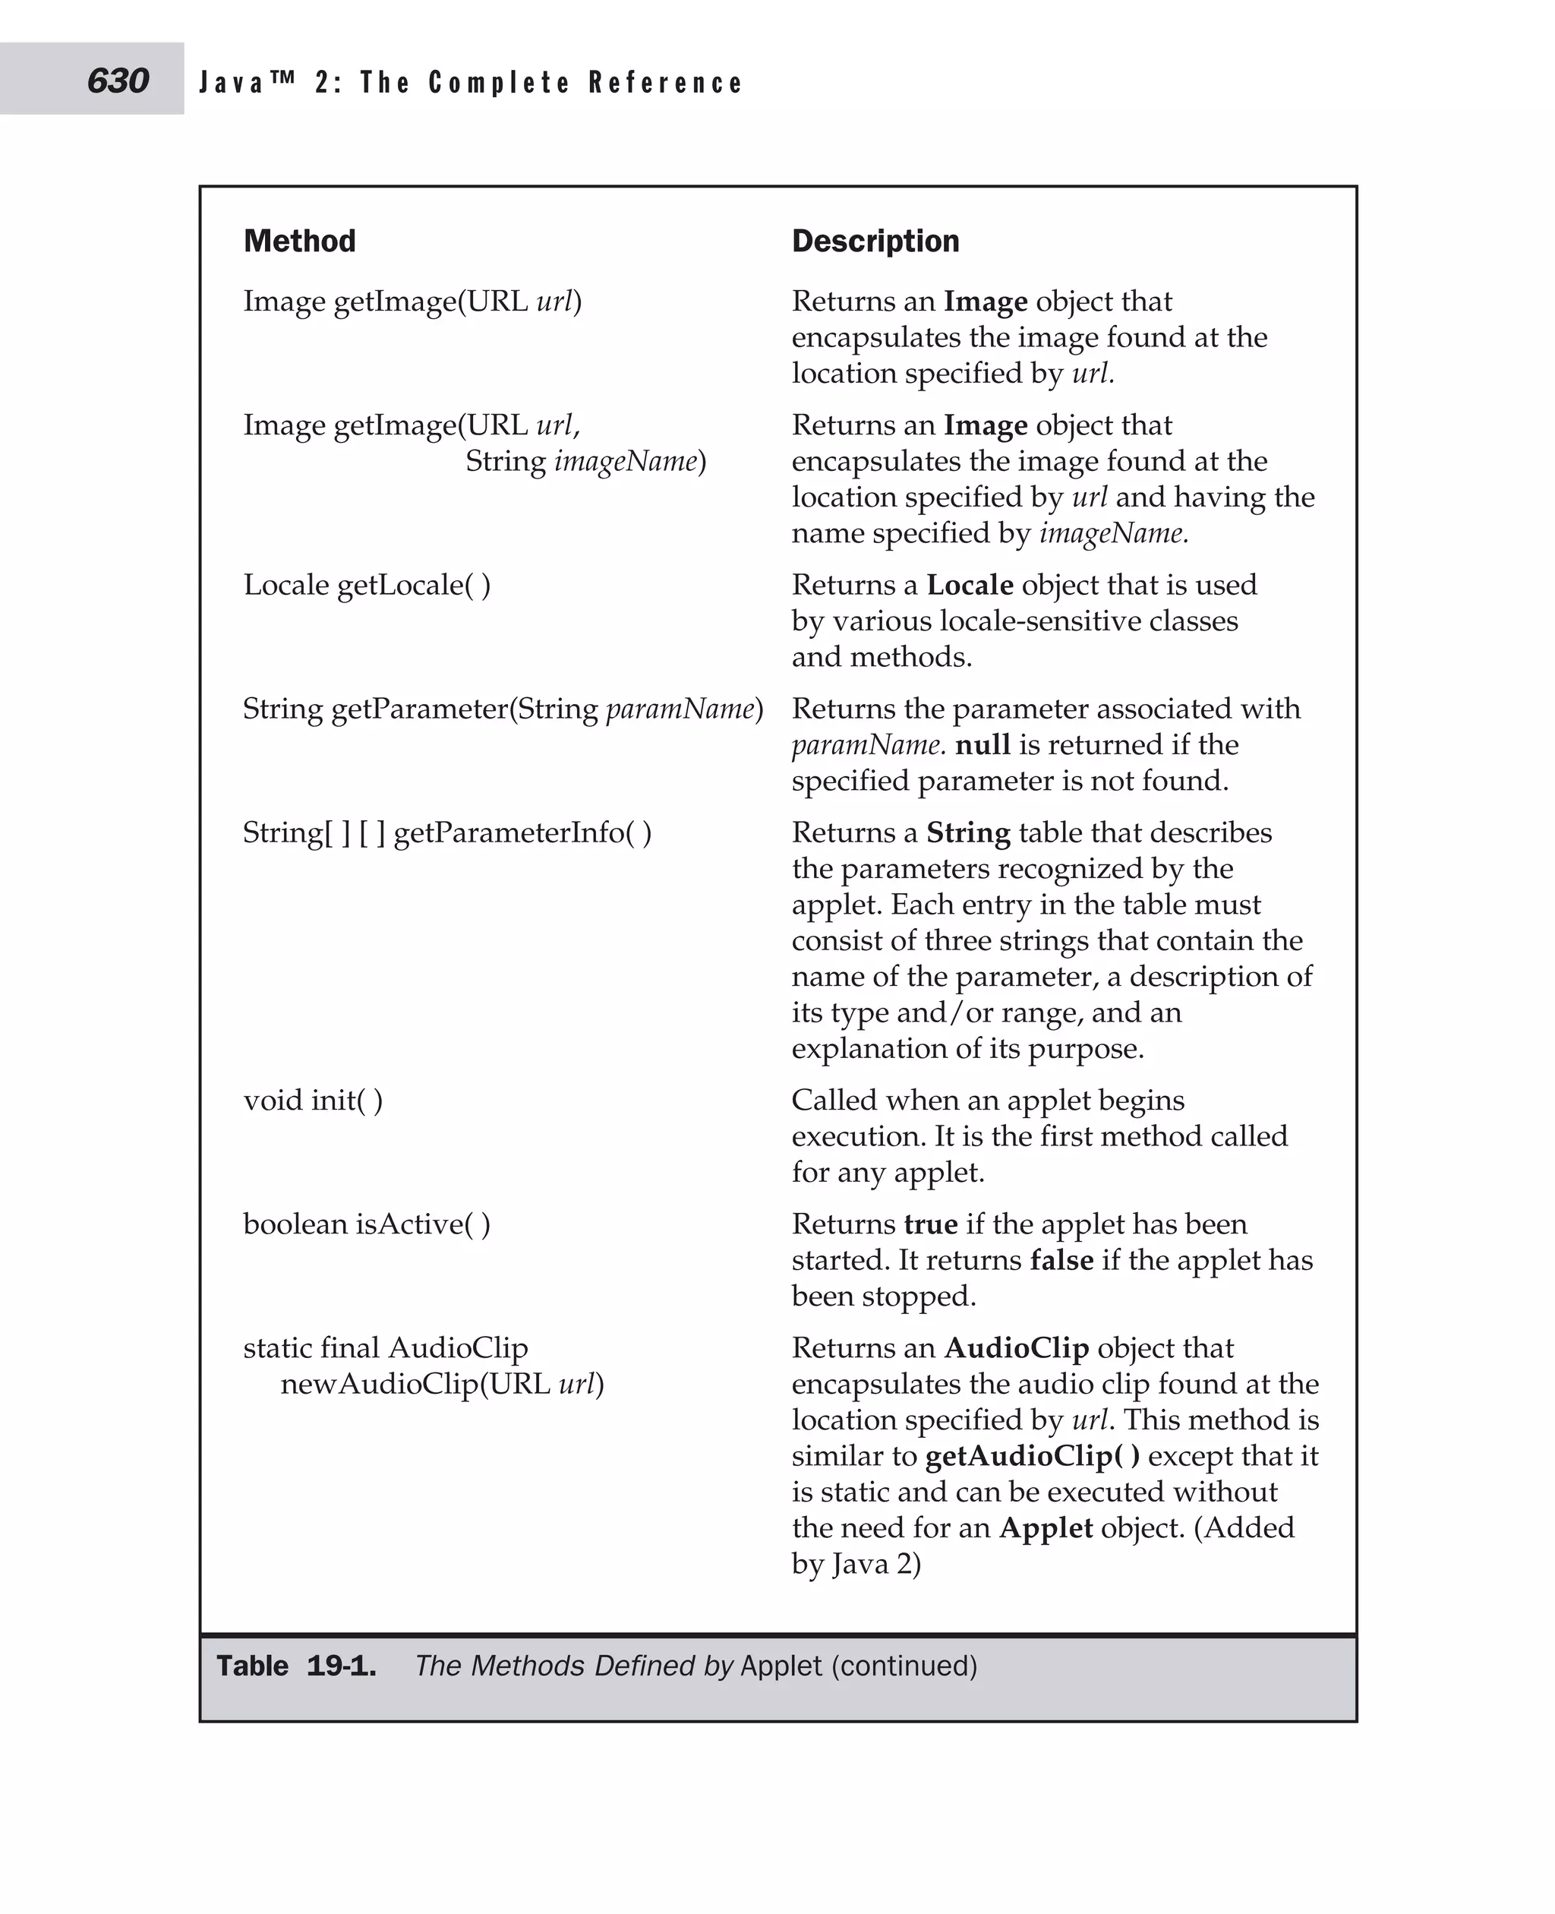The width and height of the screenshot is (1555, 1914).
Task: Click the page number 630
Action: tap(118, 81)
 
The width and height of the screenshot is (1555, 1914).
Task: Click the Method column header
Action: tap(299, 241)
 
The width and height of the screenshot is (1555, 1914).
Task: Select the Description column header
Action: tap(875, 241)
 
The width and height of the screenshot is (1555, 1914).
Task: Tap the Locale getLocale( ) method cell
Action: tap(367, 585)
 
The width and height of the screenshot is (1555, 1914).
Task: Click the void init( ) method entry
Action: tap(313, 1101)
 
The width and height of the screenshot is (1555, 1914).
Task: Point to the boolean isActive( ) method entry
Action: tap(367, 1224)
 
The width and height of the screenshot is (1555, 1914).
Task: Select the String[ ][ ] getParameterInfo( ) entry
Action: tap(447, 833)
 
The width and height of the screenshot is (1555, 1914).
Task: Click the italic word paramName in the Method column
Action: tap(680, 709)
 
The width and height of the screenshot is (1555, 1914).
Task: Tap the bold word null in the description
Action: tap(983, 744)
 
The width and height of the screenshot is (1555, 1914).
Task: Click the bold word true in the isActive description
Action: tap(931, 1224)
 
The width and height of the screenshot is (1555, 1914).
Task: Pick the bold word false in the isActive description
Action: tap(1061, 1260)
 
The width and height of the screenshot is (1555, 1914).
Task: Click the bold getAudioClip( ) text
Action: tap(1032, 1456)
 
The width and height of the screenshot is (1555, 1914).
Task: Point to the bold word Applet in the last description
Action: tap(1046, 1528)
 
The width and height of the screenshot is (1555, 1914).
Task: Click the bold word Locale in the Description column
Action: tap(969, 585)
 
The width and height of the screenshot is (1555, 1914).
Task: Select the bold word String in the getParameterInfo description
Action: tap(967, 833)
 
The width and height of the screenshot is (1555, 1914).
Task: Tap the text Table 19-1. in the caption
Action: tap(296, 1666)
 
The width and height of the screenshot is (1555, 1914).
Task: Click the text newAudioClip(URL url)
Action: tap(442, 1385)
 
